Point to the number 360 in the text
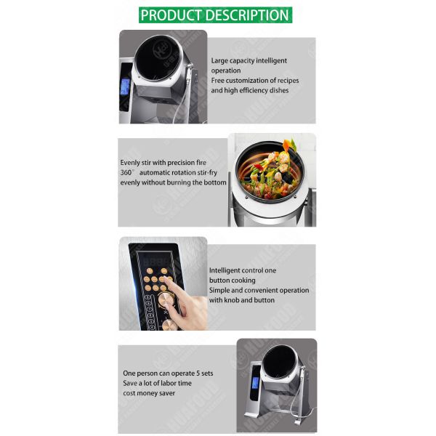point(127,172)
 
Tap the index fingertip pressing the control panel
point(166,282)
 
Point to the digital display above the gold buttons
point(153,260)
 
